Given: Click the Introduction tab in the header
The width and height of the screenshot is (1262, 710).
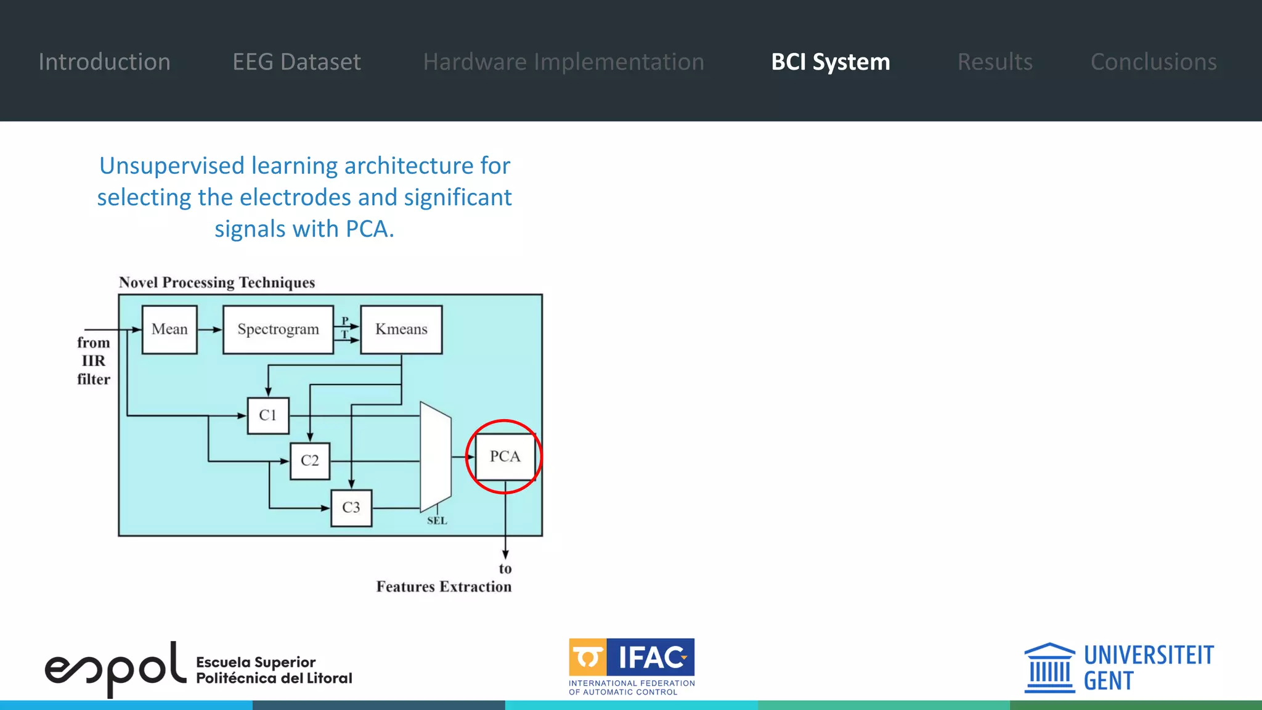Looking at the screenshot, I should pyautogui.click(x=104, y=62).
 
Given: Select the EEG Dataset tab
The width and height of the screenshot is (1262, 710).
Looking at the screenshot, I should pyautogui.click(x=296, y=62).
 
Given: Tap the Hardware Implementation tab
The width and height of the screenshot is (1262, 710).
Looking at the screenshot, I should pyautogui.click(x=563, y=62).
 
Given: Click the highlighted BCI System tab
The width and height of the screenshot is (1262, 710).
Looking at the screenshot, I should pyautogui.click(x=830, y=62).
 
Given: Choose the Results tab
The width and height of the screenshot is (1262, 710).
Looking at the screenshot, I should pyautogui.click(x=995, y=62).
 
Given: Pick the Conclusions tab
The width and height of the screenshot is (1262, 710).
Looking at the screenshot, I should pyautogui.click(x=1154, y=62).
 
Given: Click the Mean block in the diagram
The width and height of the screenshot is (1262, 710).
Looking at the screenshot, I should pyautogui.click(x=169, y=329).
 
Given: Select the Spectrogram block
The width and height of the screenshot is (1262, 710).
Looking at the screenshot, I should pyautogui.click(x=278, y=329).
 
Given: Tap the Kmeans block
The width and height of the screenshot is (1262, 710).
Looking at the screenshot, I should pyautogui.click(x=401, y=329).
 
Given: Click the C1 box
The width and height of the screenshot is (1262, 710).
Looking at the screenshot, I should pyautogui.click(x=268, y=415).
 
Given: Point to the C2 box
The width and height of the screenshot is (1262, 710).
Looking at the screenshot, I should pyautogui.click(x=310, y=460).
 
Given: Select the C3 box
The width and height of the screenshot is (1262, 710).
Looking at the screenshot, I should pyautogui.click(x=351, y=508).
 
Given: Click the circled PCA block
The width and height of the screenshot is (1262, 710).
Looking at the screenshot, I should pyautogui.click(x=505, y=457).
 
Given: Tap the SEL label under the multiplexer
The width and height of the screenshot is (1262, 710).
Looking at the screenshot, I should pyautogui.click(x=437, y=521).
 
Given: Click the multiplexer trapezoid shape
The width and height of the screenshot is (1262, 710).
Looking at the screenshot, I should pyautogui.click(x=436, y=457).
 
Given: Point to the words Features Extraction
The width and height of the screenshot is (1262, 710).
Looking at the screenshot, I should pyautogui.click(x=444, y=587).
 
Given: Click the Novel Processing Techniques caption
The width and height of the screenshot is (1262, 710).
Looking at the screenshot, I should pyautogui.click(x=217, y=282).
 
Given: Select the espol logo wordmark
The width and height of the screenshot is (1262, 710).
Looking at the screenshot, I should pyautogui.click(x=115, y=669).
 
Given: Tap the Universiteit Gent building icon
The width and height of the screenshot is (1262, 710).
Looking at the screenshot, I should pyautogui.click(x=1049, y=668).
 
